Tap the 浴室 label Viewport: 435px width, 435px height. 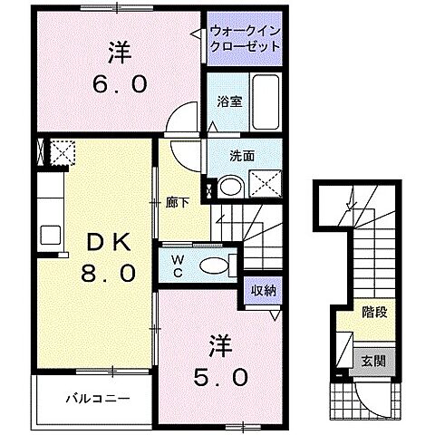click(229, 102)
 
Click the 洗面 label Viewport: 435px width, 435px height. click(240, 155)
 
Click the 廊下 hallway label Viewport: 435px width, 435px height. click(178, 202)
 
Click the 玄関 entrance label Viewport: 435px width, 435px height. click(374, 360)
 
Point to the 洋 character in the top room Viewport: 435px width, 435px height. click(118, 50)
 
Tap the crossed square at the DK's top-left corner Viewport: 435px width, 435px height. click(60, 150)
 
